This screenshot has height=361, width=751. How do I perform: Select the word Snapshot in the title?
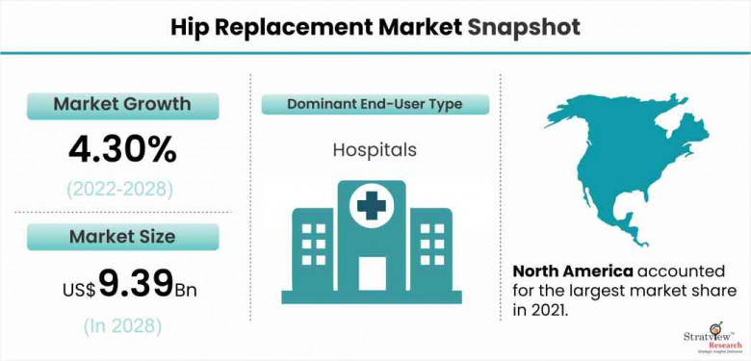(524, 28)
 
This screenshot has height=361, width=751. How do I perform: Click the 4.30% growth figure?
(122, 150)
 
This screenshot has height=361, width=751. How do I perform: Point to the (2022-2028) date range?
(119, 190)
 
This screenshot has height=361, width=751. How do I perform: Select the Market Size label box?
(122, 237)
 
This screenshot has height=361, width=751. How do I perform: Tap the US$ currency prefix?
(80, 290)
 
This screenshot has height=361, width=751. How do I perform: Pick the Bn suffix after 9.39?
(185, 291)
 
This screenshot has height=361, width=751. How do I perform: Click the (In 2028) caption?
(122, 326)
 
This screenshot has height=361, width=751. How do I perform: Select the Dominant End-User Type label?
(375, 104)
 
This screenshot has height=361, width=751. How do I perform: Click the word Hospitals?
(375, 150)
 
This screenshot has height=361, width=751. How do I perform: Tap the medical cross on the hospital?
(372, 205)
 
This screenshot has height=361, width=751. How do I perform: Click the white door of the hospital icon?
(373, 273)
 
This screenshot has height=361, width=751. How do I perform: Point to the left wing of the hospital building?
(313, 249)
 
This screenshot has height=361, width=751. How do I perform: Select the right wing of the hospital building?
(431, 249)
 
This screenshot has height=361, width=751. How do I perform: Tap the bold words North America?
(573, 271)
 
